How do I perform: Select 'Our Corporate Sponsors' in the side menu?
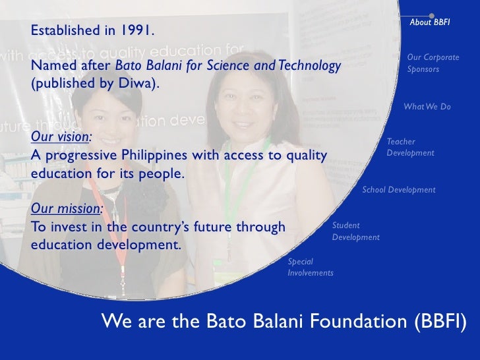coord(433,63)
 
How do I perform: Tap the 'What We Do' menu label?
coord(427,107)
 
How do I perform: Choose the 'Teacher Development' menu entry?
coord(410,147)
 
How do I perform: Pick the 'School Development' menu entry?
coord(399,190)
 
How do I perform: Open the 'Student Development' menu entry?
coord(355,231)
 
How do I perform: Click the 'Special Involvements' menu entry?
coord(311,267)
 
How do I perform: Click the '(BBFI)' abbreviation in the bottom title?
coord(440,322)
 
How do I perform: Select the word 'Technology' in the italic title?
coord(310,66)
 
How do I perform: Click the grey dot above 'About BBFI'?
coord(432,15)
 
